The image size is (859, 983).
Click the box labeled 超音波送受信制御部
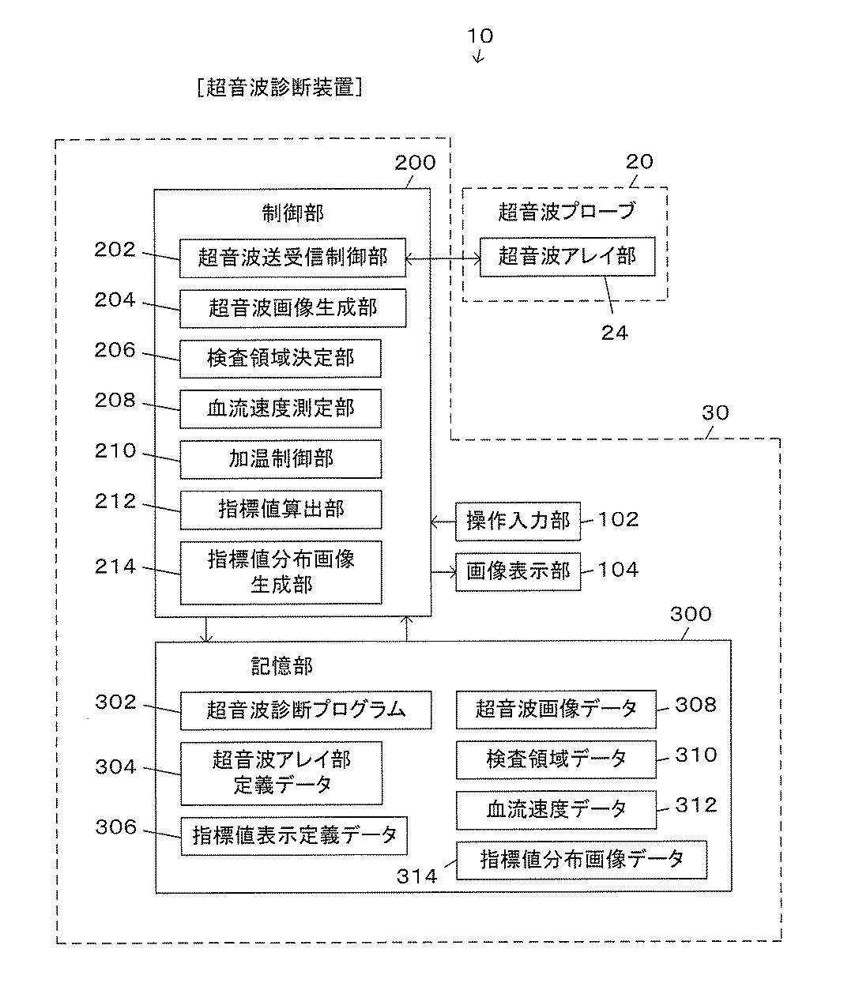(292, 258)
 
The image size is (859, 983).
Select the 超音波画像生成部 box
(293, 308)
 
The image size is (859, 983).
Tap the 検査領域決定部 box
(281, 359)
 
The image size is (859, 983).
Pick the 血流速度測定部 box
(281, 409)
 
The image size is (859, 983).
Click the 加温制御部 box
(281, 459)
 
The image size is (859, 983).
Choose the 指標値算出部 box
(281, 510)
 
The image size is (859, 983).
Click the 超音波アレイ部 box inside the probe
(567, 257)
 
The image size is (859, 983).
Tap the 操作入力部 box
(518, 522)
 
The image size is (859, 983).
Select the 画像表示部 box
(518, 572)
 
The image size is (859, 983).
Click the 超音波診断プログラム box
(306, 710)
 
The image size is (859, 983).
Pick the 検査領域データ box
(556, 759)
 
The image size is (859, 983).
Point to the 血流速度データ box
(556, 810)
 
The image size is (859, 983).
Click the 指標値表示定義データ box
(294, 836)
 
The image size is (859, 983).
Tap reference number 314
(416, 877)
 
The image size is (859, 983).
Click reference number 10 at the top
(480, 36)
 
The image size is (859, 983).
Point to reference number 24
(615, 333)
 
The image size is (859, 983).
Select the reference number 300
(691, 614)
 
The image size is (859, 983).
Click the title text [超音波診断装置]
(280, 88)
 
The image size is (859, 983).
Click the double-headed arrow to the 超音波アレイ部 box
(443, 259)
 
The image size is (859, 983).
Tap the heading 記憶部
(282, 666)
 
